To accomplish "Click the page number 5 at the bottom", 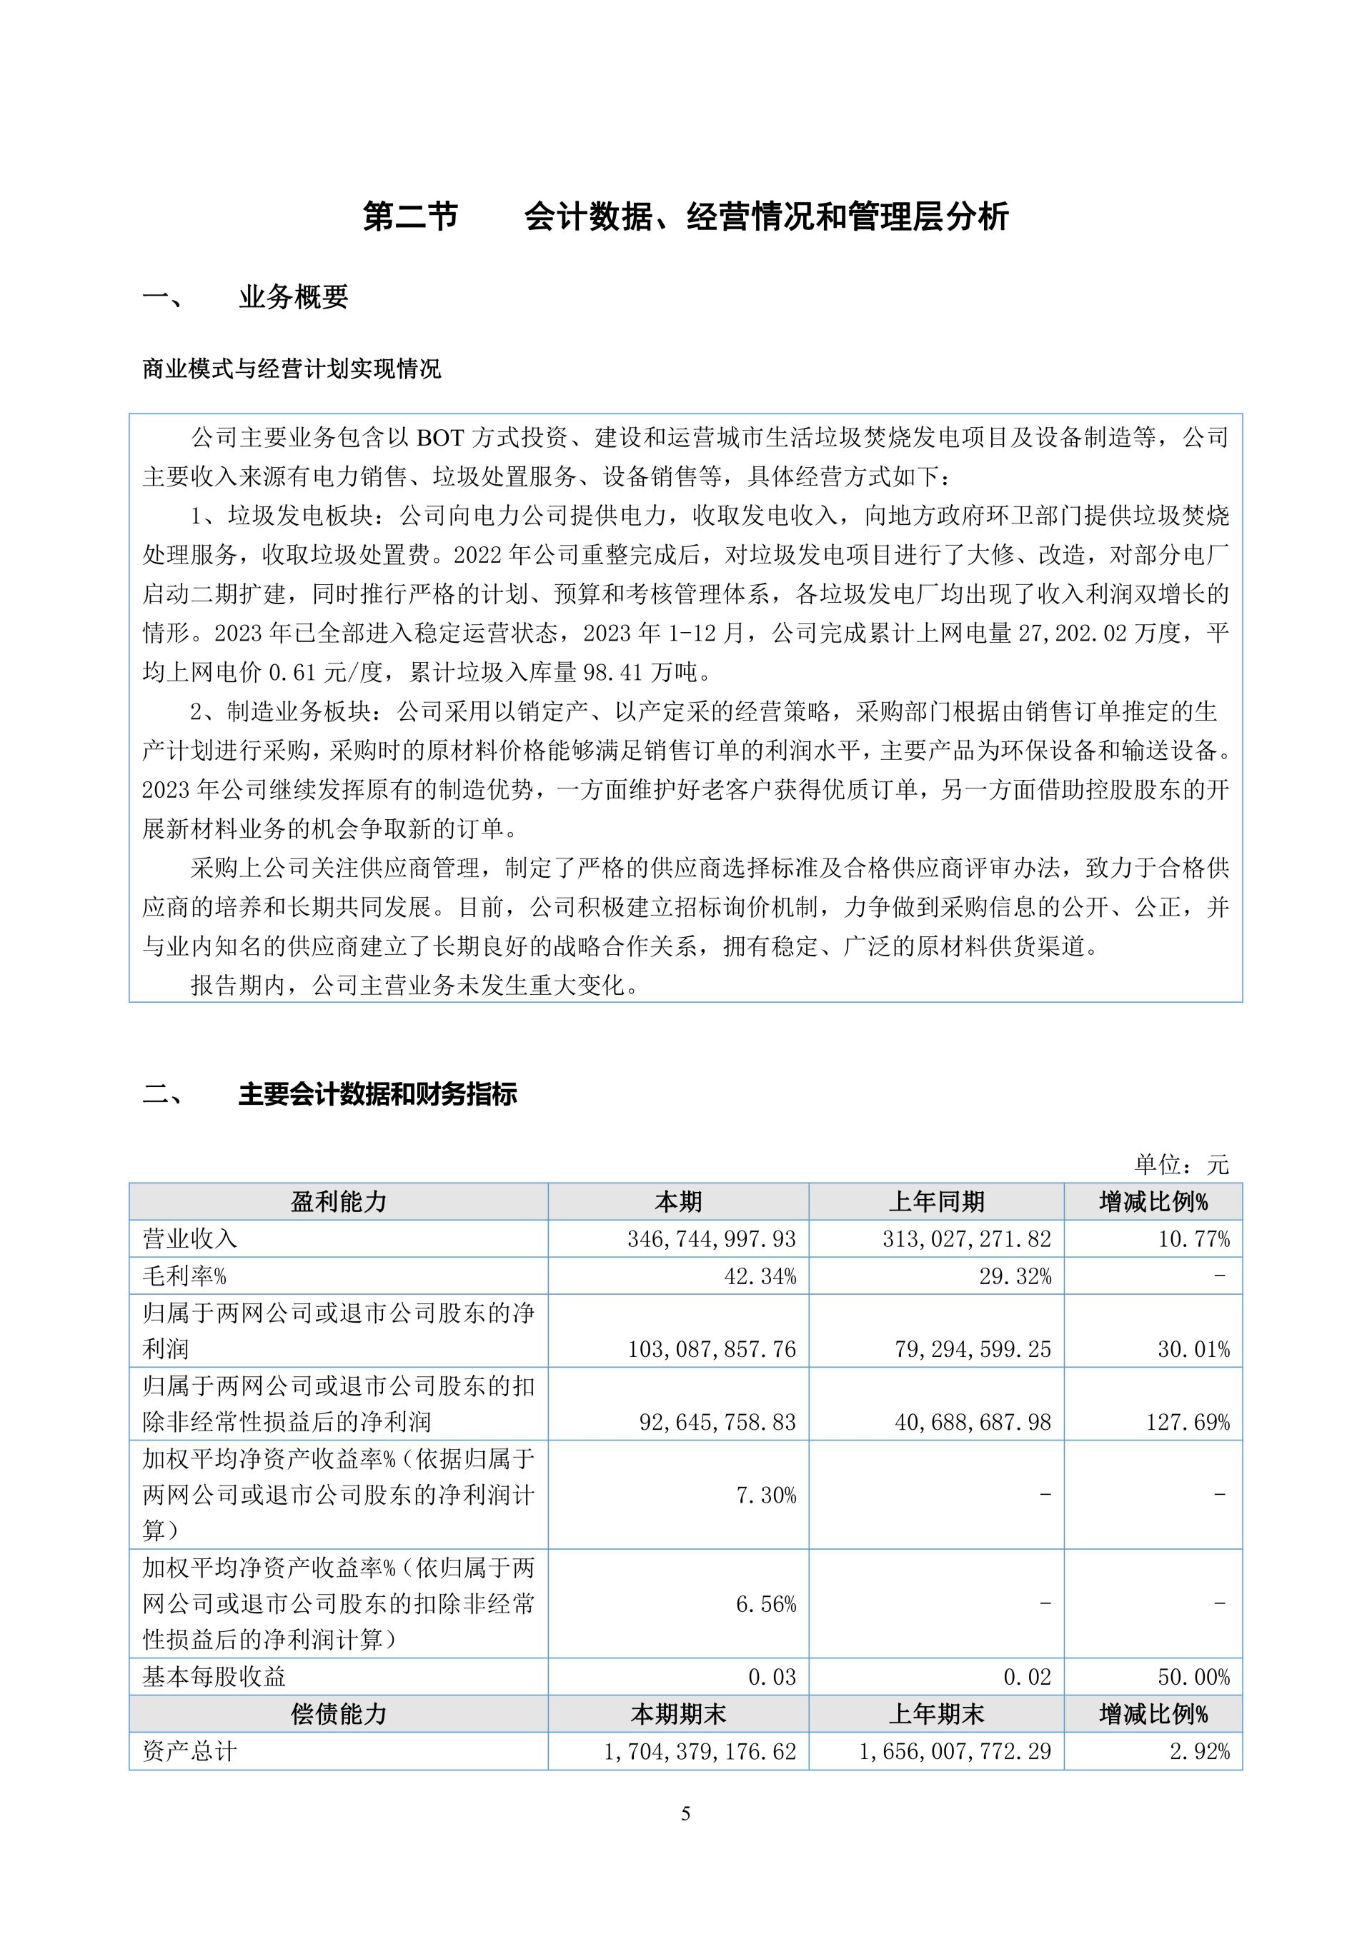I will [685, 1813].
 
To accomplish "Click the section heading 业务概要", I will [293, 296].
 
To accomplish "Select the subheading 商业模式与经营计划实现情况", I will [292, 369].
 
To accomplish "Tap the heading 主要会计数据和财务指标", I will [377, 1095].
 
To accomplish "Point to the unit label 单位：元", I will [1181, 1166].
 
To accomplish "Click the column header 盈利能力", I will [338, 1202].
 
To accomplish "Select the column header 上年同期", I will [936, 1202].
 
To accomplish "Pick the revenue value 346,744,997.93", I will [711, 1239].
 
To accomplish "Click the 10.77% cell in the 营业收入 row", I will [1194, 1239].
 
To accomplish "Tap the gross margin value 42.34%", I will [760, 1276].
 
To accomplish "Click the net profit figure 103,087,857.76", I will [711, 1350].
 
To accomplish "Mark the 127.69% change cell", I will [1188, 1422].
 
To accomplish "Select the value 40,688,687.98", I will [973, 1422].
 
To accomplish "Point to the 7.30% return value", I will [765, 1495].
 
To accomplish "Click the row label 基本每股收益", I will [214, 1677].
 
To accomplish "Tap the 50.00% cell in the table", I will [1194, 1677].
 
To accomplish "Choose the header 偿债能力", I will [338, 1714].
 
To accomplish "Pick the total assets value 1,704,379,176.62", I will [700, 1751].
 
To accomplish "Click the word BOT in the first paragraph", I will [440, 438].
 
